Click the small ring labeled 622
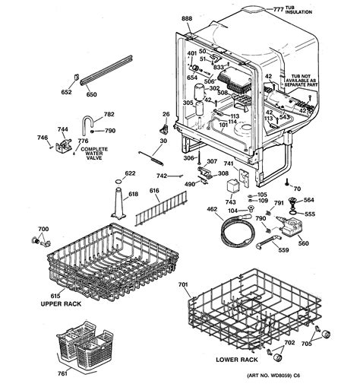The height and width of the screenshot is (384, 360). [x=115, y=183]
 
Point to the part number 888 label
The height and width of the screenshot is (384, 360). [x=187, y=17]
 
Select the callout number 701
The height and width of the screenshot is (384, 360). [x=183, y=286]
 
